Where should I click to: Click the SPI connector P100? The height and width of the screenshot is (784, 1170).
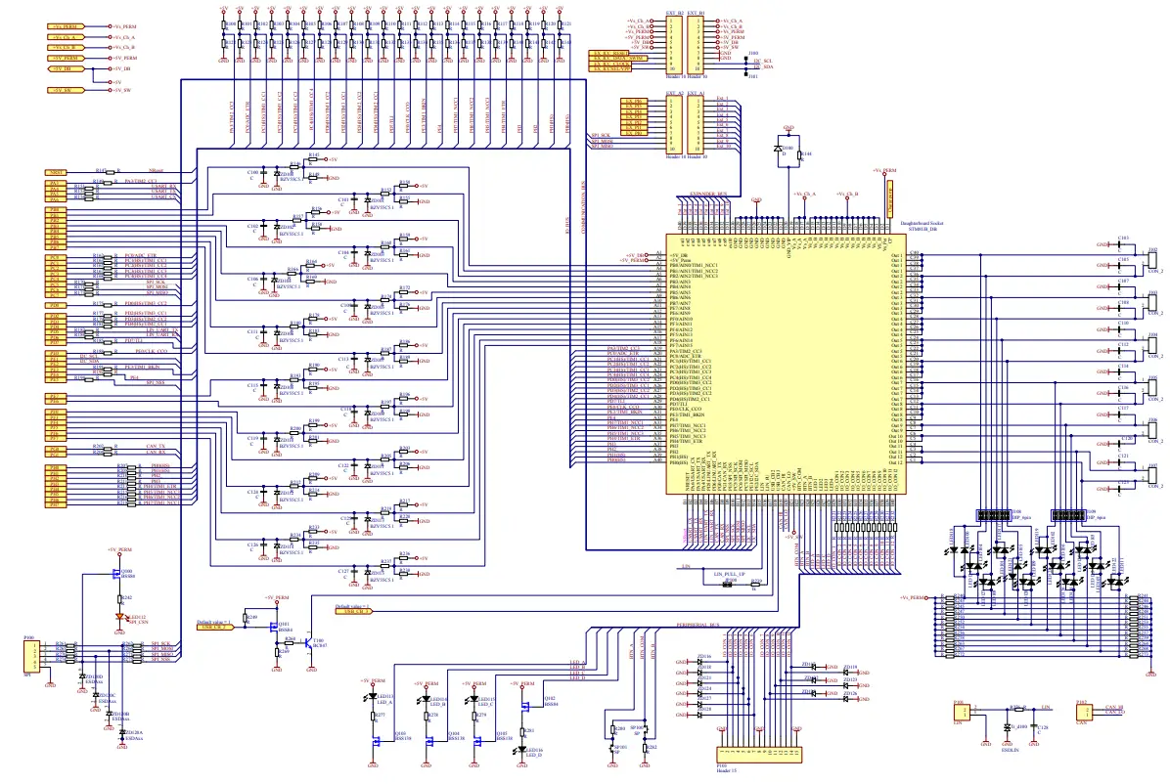pos(32,653)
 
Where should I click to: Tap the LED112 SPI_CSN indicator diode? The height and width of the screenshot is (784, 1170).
pos(120,617)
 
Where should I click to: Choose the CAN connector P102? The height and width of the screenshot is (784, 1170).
pos(1082,715)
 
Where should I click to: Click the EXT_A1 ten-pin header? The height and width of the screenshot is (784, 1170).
pos(697,122)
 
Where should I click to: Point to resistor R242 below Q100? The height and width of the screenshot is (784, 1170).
pos(119,597)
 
